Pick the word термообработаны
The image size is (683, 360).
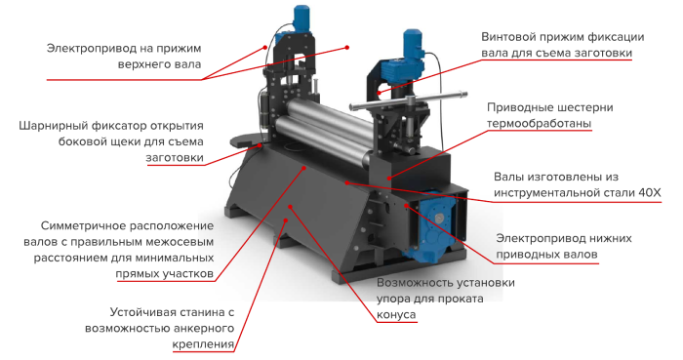click(x=539, y=123)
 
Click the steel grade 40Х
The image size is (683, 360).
click(x=650, y=192)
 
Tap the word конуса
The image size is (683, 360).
click(x=396, y=315)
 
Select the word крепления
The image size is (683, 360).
click(x=203, y=344)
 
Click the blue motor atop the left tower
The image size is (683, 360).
click(x=301, y=19)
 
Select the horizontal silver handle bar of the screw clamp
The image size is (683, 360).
click(x=408, y=100)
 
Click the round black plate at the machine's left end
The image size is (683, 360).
click(x=245, y=141)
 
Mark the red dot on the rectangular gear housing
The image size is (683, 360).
click(x=389, y=178)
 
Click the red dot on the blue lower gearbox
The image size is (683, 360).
click(x=407, y=205)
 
